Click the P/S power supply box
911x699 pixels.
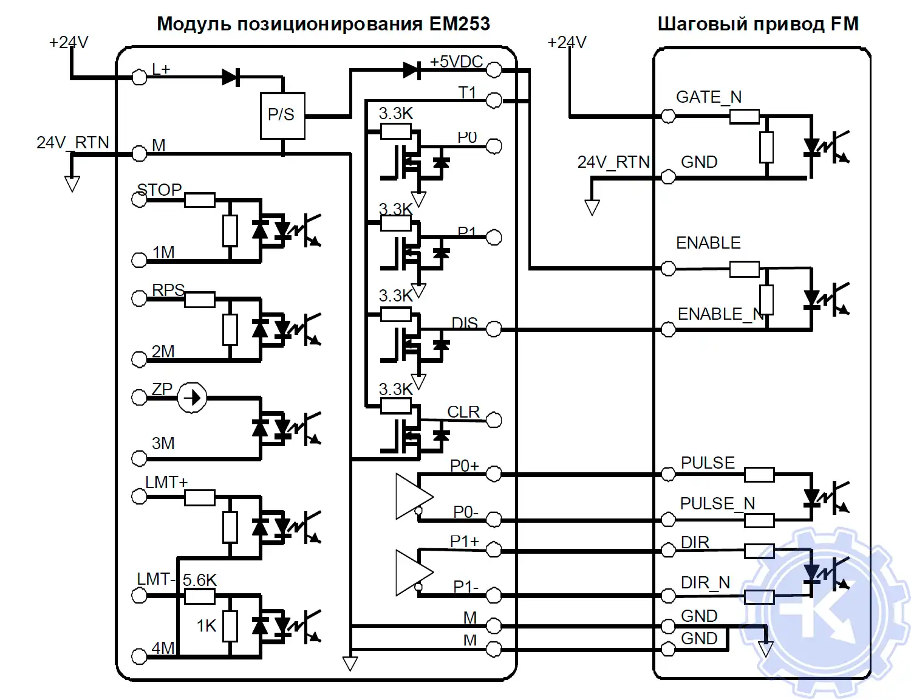[x=282, y=115]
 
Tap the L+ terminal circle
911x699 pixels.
[x=139, y=77]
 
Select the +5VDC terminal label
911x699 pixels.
[x=456, y=62]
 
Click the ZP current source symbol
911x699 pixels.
[x=192, y=398]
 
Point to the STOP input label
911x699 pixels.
[x=159, y=190]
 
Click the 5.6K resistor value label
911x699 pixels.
[x=200, y=580]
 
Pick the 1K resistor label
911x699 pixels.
[x=206, y=625]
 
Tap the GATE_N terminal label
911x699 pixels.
[x=709, y=97]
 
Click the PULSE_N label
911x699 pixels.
[x=717, y=503]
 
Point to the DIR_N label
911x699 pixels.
[x=705, y=583]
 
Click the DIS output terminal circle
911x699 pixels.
[x=494, y=329]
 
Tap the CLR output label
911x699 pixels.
[x=463, y=412]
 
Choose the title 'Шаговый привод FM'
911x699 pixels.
[x=758, y=24]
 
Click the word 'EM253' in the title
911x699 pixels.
[x=459, y=24]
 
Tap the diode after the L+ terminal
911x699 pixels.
[x=231, y=77]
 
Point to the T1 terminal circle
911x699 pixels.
[x=494, y=100]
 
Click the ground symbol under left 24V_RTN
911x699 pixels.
[x=72, y=184]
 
